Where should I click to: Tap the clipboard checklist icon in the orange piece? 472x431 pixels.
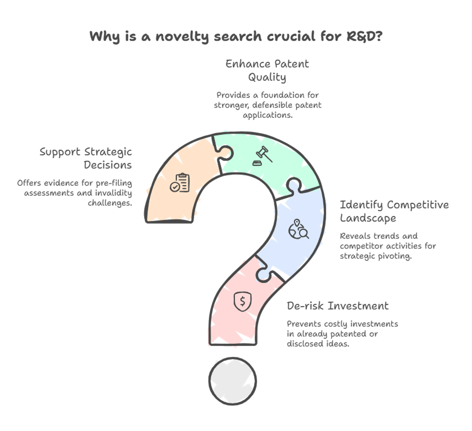180,183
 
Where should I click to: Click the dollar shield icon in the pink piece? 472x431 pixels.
242,301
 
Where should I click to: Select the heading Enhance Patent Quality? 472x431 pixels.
267,70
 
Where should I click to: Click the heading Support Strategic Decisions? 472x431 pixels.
86,158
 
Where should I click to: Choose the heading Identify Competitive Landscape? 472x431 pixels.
394,211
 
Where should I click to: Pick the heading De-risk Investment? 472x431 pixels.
338,306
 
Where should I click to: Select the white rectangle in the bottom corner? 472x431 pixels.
429,413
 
